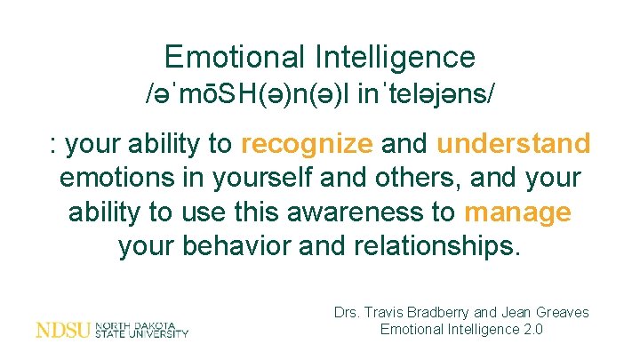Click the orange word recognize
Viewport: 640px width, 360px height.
[x=308, y=143]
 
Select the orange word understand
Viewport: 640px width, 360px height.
[x=514, y=143]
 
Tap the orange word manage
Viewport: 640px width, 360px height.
[x=517, y=213]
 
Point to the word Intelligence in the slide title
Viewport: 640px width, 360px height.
[x=395, y=58]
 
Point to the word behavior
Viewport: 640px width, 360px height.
[x=244, y=248]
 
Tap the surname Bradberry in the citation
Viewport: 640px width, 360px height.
[x=444, y=312]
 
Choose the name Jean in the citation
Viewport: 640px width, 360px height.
[x=519, y=312]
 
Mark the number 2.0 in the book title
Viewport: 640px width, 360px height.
[x=532, y=330]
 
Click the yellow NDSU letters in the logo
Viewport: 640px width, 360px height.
[x=63, y=330]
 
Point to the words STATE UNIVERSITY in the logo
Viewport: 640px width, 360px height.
[x=141, y=334]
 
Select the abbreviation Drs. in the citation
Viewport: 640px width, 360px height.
[x=348, y=312]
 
